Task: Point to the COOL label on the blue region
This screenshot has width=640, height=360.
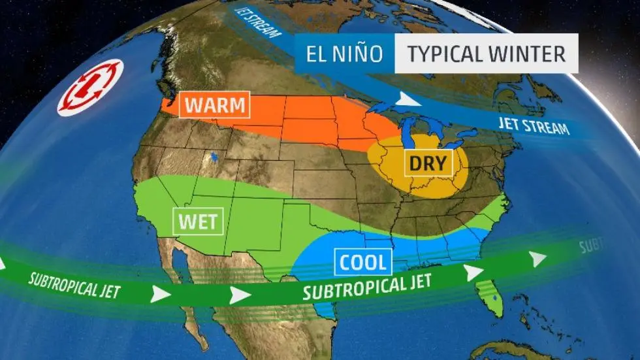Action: [x=364, y=262]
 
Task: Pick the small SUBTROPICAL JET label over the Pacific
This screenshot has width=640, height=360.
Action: [x=74, y=284]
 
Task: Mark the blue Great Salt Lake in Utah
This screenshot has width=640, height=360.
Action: [x=214, y=157]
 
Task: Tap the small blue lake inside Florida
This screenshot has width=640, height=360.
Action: [x=495, y=299]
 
